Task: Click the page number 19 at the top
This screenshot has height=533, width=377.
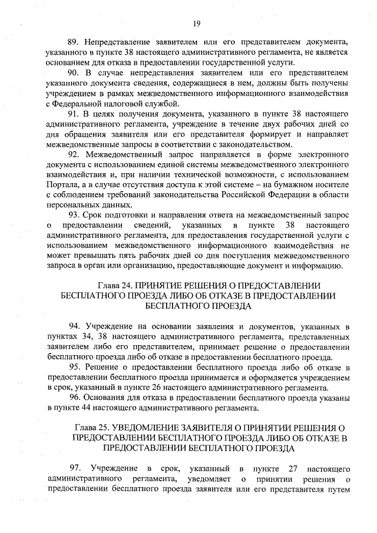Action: (197, 23)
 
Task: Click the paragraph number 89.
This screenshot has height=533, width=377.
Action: (74, 42)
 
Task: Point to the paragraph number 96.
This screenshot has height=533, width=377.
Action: (74, 398)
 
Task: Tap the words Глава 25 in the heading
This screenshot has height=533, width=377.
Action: (94, 426)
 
